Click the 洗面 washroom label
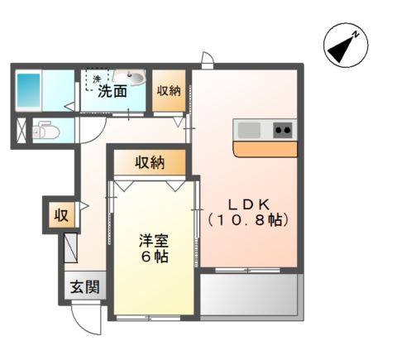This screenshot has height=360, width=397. click(x=112, y=92)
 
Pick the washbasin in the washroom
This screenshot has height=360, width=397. click(x=131, y=79)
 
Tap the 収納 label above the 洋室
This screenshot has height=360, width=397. click(x=150, y=162)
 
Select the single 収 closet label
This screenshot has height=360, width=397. click(x=61, y=216)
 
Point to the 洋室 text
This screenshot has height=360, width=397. click(x=153, y=242)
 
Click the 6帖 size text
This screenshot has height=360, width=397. click(x=153, y=257)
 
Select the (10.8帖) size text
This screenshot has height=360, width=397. click(x=246, y=222)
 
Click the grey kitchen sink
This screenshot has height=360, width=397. click(x=249, y=129)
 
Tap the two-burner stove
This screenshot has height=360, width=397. click(x=282, y=129)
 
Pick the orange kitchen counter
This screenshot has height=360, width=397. click(x=265, y=149)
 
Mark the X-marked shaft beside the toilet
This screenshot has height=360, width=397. click(x=20, y=131)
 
